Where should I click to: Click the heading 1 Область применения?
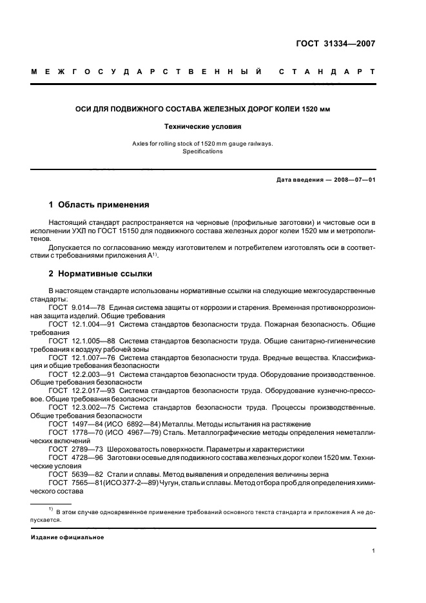point(99,205)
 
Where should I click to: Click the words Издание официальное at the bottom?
point(68,537)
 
